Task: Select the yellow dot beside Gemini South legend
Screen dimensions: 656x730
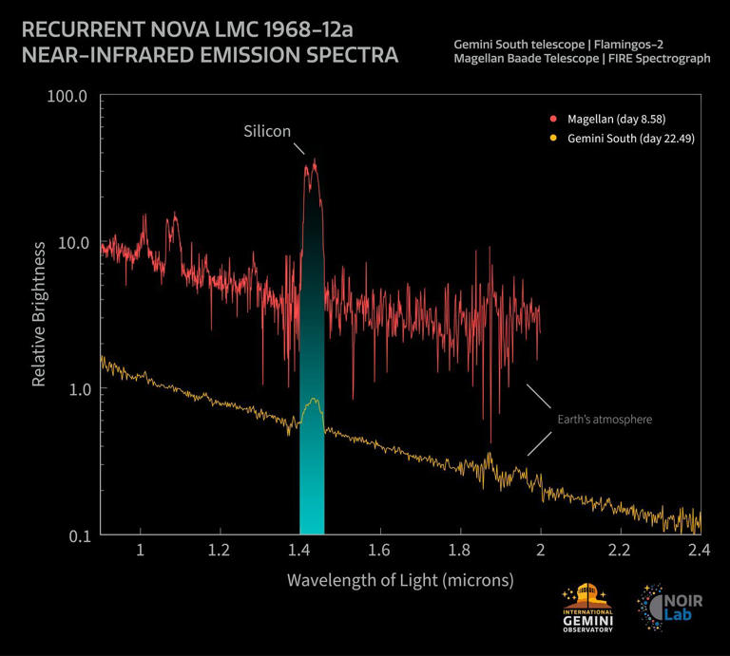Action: [x=552, y=140]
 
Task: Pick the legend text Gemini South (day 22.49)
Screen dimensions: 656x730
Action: [x=624, y=140]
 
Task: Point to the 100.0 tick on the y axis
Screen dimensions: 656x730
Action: [x=67, y=96]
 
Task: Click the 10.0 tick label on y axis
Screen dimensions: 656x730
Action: [x=70, y=242]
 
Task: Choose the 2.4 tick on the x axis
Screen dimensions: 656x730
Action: [x=700, y=551]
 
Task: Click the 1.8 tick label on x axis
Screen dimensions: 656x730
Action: [x=461, y=551]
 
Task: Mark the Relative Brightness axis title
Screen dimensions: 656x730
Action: [x=39, y=314]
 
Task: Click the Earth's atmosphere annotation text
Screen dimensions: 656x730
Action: [x=605, y=419]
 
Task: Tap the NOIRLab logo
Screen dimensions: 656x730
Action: [x=670, y=608]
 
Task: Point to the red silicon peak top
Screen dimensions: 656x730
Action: [x=314, y=162]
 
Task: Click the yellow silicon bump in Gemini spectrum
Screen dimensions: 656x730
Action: [x=312, y=403]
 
